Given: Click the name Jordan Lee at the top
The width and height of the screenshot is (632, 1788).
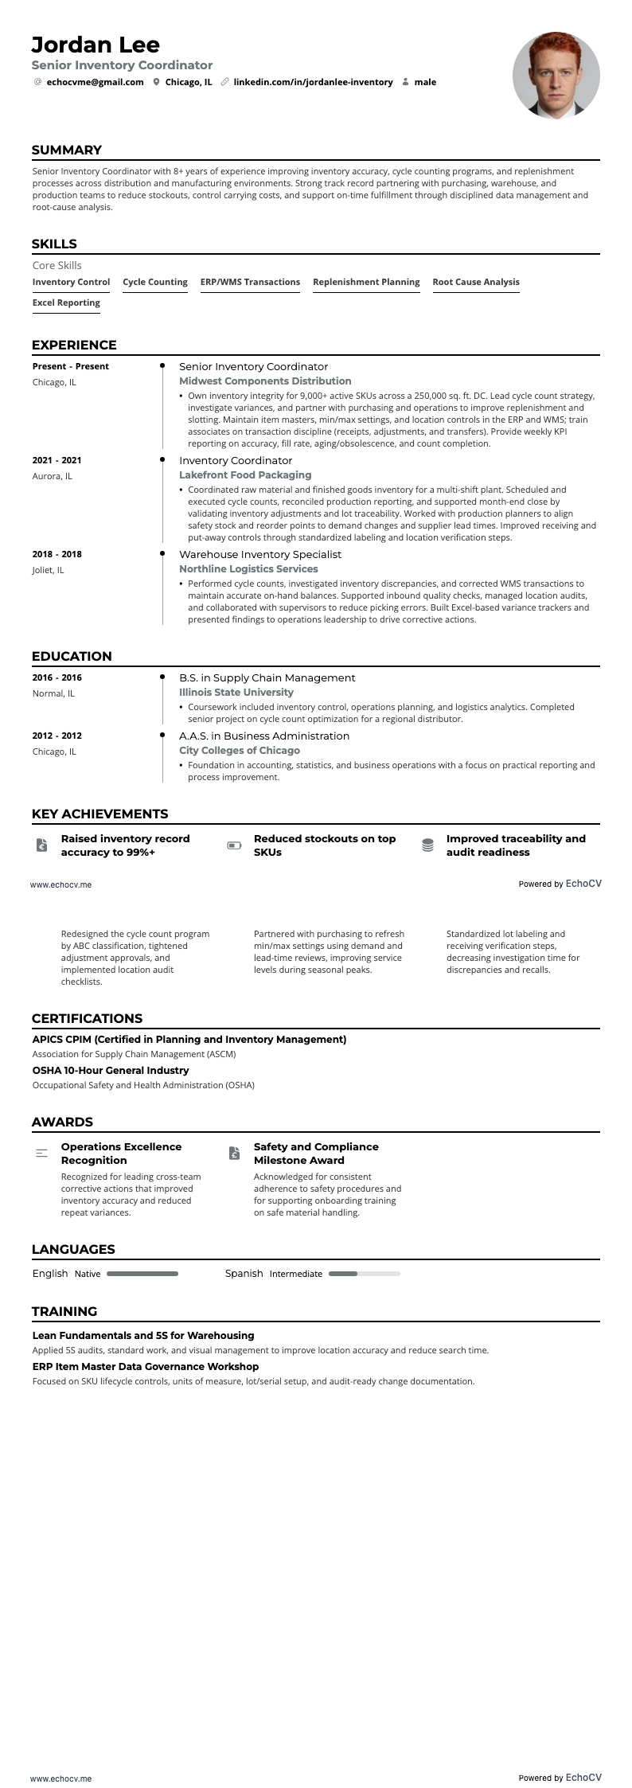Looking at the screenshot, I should coord(96,45).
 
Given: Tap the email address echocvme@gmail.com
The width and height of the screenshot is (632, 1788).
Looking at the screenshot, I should coord(95,82).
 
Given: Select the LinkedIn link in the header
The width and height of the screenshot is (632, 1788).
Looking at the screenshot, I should coord(313,82).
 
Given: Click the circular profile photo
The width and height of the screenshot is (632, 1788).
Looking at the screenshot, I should coord(556,76).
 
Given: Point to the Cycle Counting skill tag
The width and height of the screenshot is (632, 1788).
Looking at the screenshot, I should coord(155,282).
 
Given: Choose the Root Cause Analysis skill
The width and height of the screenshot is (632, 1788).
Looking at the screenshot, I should coord(475,282).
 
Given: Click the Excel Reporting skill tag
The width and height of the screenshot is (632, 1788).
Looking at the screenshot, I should coord(66,303).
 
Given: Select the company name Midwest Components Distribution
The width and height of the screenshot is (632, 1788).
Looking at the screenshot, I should coord(265,381).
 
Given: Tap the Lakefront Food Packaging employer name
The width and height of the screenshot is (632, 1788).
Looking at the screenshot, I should coord(245,475).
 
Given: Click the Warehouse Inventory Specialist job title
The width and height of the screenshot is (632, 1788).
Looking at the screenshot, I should coord(260,554).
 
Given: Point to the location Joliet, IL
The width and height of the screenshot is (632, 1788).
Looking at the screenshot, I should coord(49,570).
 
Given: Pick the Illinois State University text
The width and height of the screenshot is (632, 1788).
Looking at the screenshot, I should coord(236,693).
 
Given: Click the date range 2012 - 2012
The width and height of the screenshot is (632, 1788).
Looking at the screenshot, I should coord(57,736).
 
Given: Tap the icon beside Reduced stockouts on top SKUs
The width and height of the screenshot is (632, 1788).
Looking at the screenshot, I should coord(234,845).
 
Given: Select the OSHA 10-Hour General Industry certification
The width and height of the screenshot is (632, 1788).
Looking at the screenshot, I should coord(111,1071).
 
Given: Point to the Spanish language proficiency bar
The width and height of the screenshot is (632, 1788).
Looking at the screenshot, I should coord(364,1274).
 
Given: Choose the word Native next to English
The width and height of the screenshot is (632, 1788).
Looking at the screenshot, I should coord(88,1274).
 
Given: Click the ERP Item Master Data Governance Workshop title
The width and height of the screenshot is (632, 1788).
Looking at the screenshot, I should coord(146,1366).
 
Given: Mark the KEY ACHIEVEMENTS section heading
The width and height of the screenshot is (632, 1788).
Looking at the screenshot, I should coord(99,814).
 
